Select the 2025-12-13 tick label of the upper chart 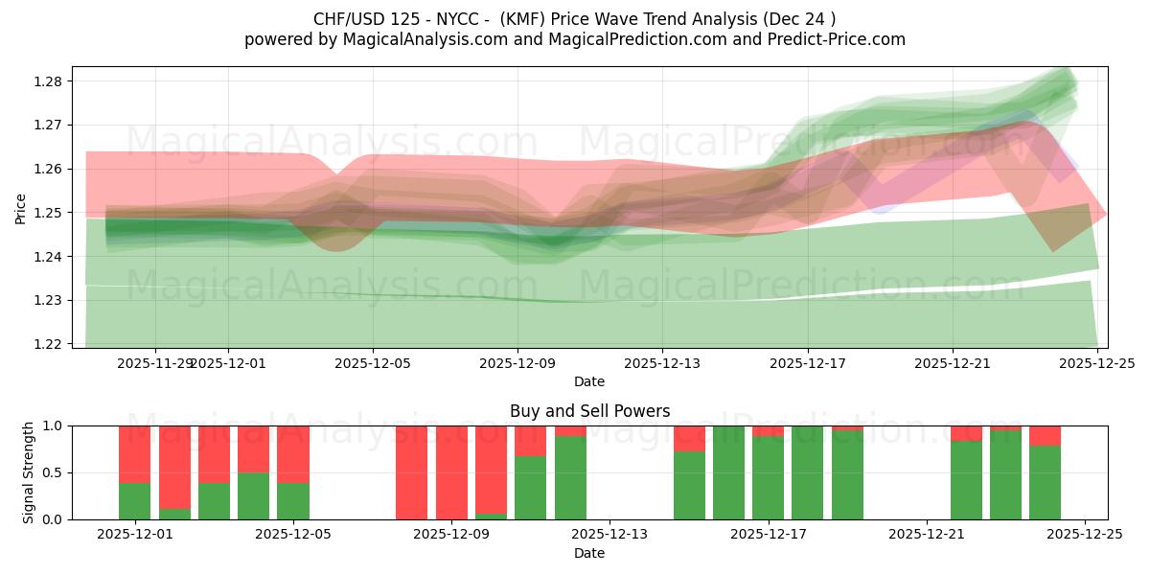(x=662, y=364)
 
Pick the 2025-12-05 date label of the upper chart (x=373, y=364)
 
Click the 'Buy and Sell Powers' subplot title (x=589, y=411)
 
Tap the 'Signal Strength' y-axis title (x=29, y=472)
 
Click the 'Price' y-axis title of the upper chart (x=21, y=207)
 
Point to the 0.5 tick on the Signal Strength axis (x=54, y=472)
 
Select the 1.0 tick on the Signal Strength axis (x=54, y=425)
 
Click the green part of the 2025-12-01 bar (x=135, y=501)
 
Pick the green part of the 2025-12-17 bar (x=768, y=479)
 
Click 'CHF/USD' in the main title (x=350, y=19)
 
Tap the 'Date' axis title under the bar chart (x=589, y=553)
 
